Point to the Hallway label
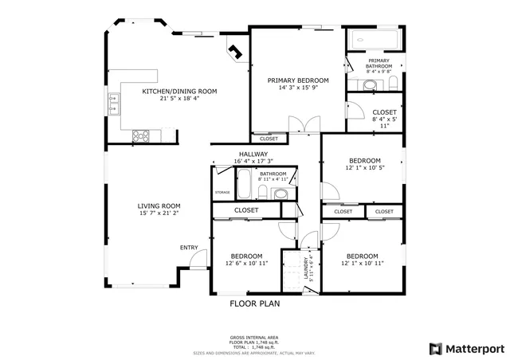(253, 155)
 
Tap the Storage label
(222, 192)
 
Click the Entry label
(188, 247)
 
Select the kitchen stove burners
(141, 135)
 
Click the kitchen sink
(112, 100)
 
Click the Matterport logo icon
(434, 348)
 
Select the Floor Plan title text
(254, 303)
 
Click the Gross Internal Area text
(253, 338)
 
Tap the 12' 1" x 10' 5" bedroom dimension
(364, 168)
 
